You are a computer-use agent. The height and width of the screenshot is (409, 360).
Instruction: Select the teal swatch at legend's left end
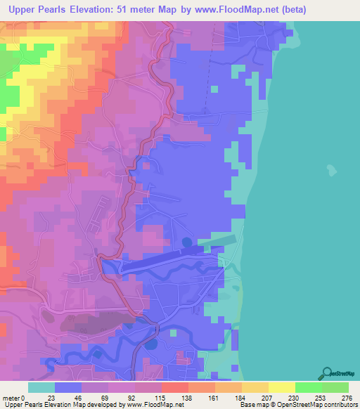41,387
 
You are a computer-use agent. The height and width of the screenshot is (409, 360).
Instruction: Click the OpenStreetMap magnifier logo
327,374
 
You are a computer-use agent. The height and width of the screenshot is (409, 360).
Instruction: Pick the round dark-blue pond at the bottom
150,345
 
